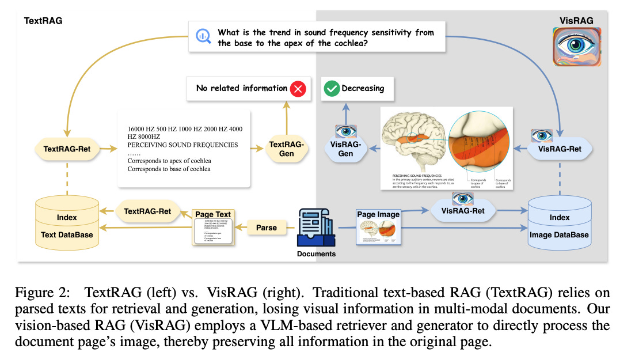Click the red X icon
click(298, 89)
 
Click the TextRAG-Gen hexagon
click(286, 149)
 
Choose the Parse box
click(266, 228)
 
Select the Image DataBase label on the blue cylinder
click(559, 234)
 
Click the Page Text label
click(212, 214)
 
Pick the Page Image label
click(378, 214)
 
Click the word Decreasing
click(363, 89)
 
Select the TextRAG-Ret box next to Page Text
click(147, 211)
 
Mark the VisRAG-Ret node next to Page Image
click(463, 211)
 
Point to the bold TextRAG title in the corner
click(43, 21)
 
